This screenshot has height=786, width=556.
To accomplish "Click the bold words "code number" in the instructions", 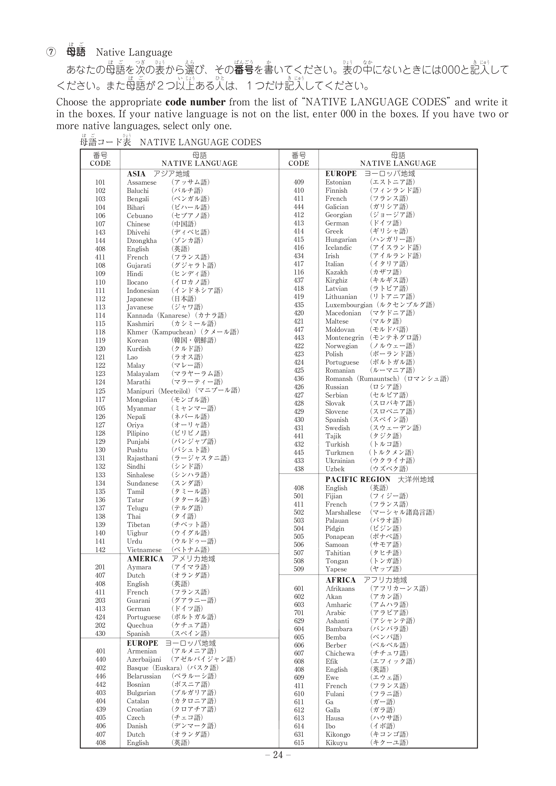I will click(195, 102).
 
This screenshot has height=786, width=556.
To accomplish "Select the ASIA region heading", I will click(136, 174).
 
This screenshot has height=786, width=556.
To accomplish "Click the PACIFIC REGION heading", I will click(358, 479).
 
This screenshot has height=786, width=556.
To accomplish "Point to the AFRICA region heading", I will click(341, 580).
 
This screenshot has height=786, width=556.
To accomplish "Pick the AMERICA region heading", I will click(145, 559).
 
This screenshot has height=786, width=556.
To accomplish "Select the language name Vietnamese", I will click(144, 550).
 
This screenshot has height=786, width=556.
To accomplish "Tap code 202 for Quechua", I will click(100, 625).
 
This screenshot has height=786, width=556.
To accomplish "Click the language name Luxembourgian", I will click(348, 305).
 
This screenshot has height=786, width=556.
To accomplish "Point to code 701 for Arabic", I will click(299, 613).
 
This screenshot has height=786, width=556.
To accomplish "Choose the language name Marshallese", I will click(343, 512).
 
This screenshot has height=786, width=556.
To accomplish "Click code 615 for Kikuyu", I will click(299, 743).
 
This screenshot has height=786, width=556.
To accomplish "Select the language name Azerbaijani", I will click(144, 659).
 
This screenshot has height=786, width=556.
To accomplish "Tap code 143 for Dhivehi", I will click(100, 232).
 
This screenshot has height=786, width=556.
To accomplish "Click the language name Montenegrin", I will click(344, 337).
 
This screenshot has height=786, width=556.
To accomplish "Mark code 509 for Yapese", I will click(299, 569).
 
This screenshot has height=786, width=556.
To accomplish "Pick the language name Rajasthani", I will click(143, 458).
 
